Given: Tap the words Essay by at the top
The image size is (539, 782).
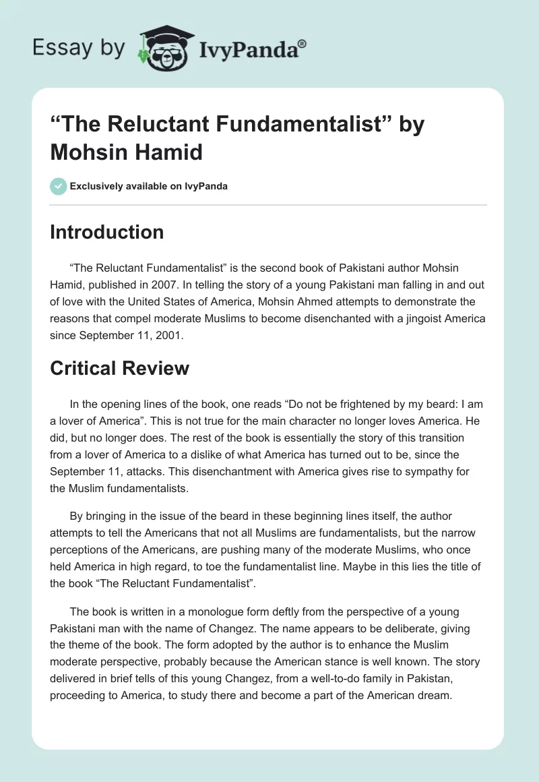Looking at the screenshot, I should pos(80,47).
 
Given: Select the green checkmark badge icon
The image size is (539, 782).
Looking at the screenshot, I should pos(59,186).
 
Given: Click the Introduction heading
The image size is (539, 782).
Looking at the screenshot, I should pos(107,232).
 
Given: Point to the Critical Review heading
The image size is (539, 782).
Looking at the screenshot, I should pos(119,368).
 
